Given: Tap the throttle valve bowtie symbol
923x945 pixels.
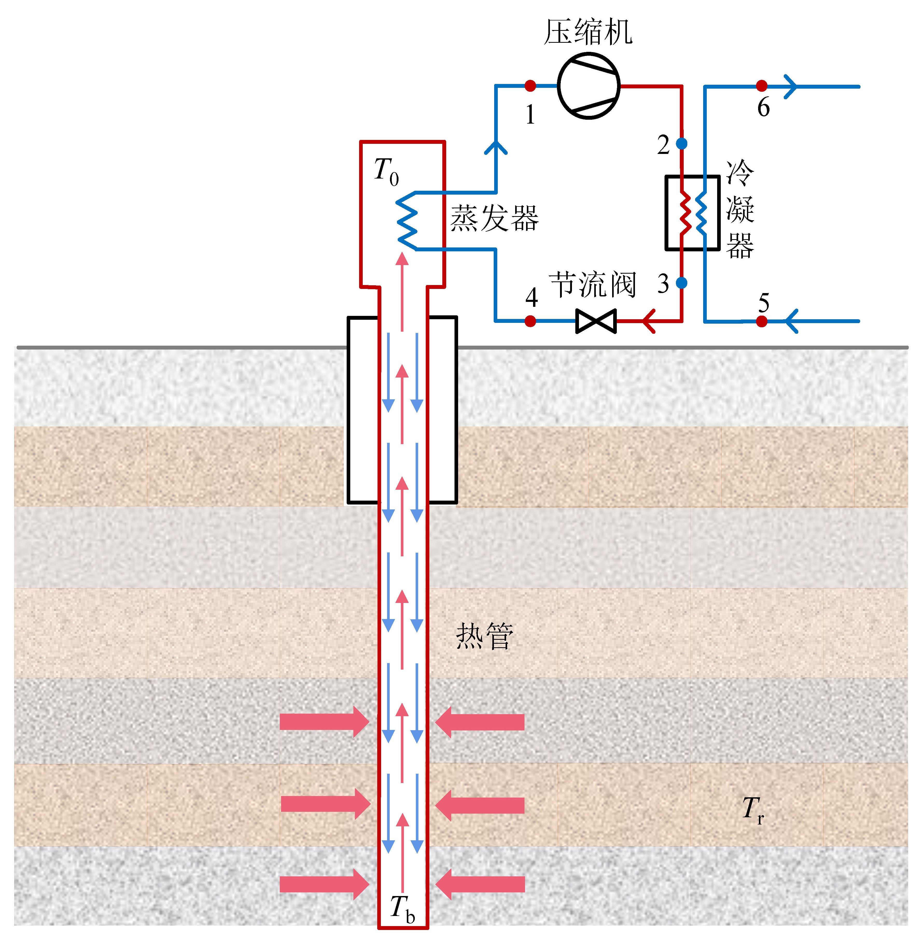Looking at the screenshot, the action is (596, 321).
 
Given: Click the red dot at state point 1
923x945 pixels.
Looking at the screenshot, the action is (530, 86).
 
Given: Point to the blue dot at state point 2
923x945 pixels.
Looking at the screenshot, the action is (682, 143).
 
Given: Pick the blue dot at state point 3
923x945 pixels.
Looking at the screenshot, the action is (682, 282).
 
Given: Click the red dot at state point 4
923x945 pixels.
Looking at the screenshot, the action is (530, 321).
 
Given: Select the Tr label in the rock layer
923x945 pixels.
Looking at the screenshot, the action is (753, 810).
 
